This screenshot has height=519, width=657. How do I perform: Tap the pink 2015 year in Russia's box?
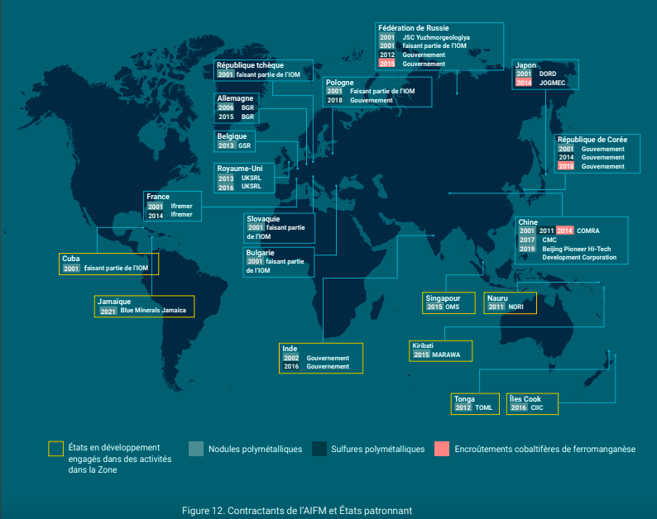386,64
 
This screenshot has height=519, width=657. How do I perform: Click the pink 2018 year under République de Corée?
566,166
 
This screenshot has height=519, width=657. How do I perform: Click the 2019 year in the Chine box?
527,249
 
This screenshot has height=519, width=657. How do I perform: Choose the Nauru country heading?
498,298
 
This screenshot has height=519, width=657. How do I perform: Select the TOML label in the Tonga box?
484,407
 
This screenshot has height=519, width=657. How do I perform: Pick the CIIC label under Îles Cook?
537,407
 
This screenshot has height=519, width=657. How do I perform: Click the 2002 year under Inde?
290,358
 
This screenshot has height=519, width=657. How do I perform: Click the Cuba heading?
71,259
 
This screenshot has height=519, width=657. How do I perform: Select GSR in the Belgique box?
244,145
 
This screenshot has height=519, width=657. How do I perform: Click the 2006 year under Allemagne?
226,107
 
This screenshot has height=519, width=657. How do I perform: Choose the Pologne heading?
340,82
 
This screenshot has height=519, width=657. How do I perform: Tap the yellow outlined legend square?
55,449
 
